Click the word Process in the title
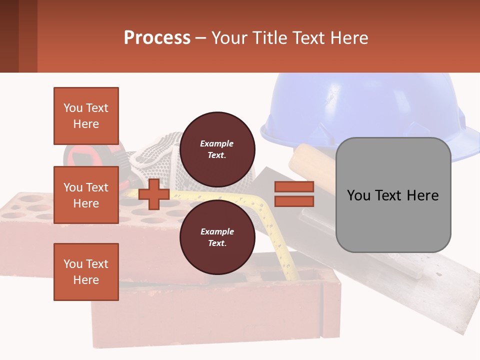tap(157, 37)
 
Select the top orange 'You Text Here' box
tap(86, 116)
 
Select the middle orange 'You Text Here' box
tap(86, 195)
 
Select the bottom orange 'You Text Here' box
tap(86, 272)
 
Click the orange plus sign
tap(154, 194)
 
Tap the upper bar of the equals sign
tap(294, 186)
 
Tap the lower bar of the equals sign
tap(294, 201)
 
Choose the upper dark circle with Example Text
tap(217, 149)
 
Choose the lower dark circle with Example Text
tap(217, 237)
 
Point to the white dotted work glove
tap(160, 150)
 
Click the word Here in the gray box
tap(422, 195)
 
